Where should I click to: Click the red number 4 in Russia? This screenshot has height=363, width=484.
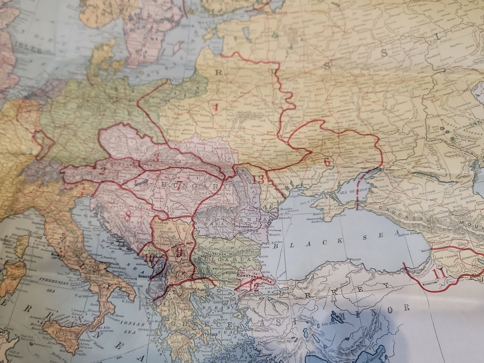coord(216,108)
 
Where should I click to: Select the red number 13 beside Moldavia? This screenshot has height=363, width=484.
coord(259,179)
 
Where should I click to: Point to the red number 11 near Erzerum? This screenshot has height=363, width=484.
coord(438,273)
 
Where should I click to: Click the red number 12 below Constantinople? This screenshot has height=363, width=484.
coord(254,287)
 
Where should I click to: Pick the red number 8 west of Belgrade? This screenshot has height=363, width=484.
coord(127,216)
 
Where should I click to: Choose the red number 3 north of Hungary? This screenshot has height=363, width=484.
coord(156,158)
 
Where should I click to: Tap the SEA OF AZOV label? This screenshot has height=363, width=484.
coord(347,191)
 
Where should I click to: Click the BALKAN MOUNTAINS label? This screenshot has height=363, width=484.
coord(232,250)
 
